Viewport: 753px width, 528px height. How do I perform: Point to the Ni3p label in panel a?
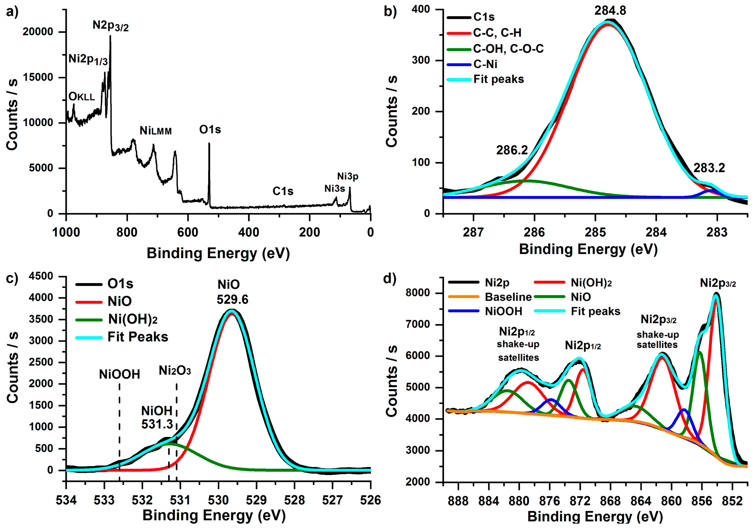348,177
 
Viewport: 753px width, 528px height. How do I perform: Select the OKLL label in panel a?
82,97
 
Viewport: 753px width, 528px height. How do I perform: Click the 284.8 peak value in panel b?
610,11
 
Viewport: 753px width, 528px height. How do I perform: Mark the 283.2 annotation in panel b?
709,168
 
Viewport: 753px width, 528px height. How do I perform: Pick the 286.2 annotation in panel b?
512,150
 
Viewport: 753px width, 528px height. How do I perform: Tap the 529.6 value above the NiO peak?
233,300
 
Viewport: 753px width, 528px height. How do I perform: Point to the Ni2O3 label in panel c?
175,371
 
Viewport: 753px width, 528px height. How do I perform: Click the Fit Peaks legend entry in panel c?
138,337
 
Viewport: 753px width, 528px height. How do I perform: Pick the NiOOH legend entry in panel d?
503,311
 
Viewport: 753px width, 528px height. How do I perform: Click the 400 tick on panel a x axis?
249,233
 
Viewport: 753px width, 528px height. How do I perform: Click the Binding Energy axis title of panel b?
588,250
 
